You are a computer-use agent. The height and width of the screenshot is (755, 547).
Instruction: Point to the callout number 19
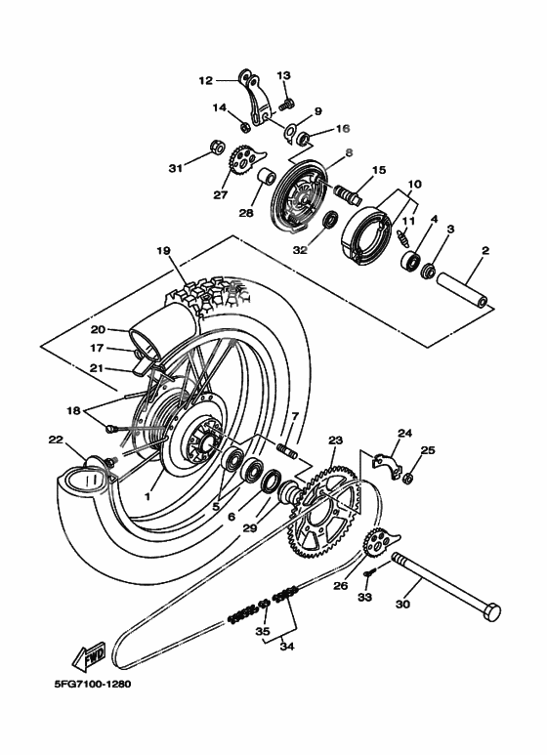163,251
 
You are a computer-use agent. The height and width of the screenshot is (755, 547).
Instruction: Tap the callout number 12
205,81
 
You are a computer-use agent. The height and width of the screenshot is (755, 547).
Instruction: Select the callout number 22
55,440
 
